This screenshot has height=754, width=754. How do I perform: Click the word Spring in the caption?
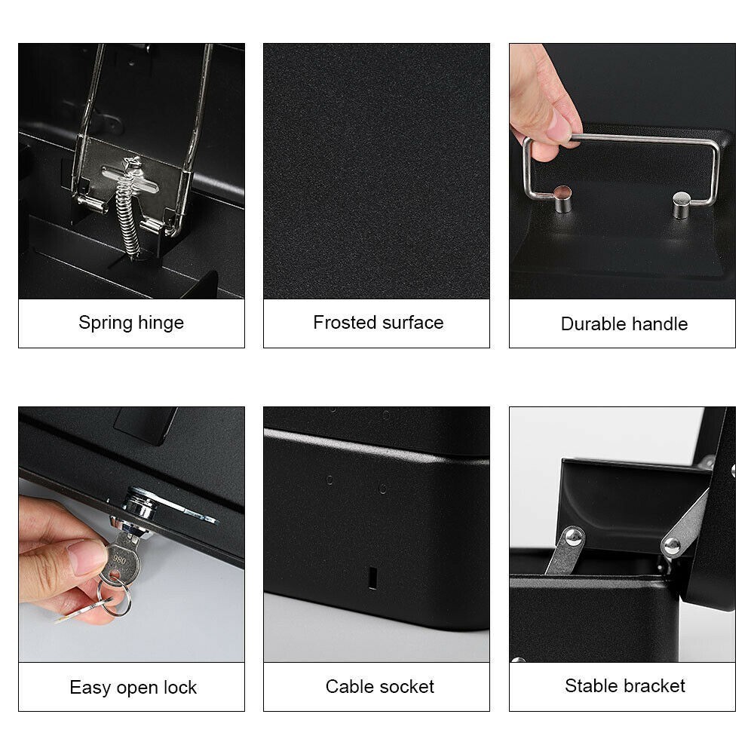click(106, 323)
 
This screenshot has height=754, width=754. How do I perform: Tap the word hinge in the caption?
click(161, 323)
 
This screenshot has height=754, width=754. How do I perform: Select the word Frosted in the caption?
click(345, 322)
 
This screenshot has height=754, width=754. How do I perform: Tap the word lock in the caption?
click(180, 687)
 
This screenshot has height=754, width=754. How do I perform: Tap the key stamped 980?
click(121, 557)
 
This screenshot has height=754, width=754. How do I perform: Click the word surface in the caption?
click(413, 322)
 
